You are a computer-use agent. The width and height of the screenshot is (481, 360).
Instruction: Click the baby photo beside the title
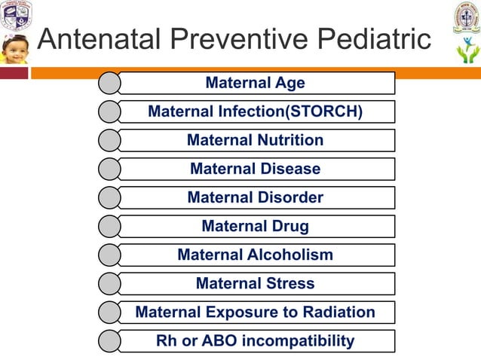click(x=14, y=49)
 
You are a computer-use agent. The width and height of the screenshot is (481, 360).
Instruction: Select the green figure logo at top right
click(x=467, y=53)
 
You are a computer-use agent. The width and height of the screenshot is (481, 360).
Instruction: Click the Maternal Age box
click(x=255, y=83)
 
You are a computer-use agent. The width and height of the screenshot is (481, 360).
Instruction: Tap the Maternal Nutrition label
click(x=255, y=140)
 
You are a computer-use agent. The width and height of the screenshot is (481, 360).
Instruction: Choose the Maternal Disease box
click(x=255, y=169)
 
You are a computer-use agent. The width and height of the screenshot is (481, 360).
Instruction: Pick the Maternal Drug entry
click(x=255, y=226)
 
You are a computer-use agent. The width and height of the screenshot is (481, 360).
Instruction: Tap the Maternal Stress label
click(x=255, y=283)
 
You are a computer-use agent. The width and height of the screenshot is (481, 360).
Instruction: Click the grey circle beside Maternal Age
click(x=109, y=83)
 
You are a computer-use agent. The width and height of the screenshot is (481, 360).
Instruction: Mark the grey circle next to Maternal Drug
click(x=109, y=226)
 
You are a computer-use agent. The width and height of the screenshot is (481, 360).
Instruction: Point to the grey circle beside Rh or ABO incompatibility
click(x=109, y=340)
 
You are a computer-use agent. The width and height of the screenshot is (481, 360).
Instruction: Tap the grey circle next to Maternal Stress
click(x=109, y=283)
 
